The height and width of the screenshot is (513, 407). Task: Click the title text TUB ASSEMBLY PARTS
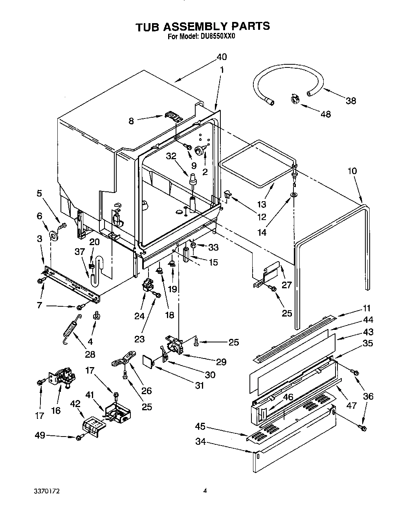tap(202, 26)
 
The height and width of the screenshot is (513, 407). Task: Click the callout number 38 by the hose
tap(350, 101)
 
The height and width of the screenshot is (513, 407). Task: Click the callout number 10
tap(352, 171)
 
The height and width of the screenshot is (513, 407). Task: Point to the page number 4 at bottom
tap(205, 490)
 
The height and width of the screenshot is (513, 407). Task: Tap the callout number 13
tap(261, 204)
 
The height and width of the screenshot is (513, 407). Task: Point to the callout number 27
tap(287, 284)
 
